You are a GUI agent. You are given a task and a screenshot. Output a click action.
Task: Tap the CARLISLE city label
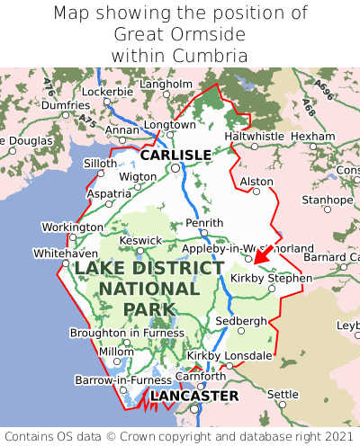click(x=175, y=155)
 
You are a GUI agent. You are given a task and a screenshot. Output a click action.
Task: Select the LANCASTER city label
click(x=194, y=396)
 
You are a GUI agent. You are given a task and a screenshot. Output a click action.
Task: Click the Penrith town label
click(x=202, y=222)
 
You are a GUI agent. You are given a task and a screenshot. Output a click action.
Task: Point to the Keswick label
click(x=141, y=240)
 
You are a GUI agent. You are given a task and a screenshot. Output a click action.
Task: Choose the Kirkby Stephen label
click(x=271, y=279)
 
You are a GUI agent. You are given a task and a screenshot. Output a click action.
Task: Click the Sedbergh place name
click(x=241, y=321)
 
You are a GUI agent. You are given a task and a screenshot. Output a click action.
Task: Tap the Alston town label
click(x=256, y=182)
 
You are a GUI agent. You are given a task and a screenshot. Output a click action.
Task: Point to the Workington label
click(x=72, y=227)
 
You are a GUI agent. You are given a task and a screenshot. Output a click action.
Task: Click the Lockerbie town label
click(x=107, y=92)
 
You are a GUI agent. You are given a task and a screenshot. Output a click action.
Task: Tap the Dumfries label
click(x=66, y=105)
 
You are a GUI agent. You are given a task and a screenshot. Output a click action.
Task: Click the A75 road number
click(x=86, y=119)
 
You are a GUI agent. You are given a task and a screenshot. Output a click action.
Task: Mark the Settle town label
click(x=283, y=394)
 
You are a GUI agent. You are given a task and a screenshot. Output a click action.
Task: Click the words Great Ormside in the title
click(x=180, y=34)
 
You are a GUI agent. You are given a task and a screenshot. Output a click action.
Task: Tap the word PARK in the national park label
click(x=148, y=309)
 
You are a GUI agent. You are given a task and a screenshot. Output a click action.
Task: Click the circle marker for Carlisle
click(x=175, y=167)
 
